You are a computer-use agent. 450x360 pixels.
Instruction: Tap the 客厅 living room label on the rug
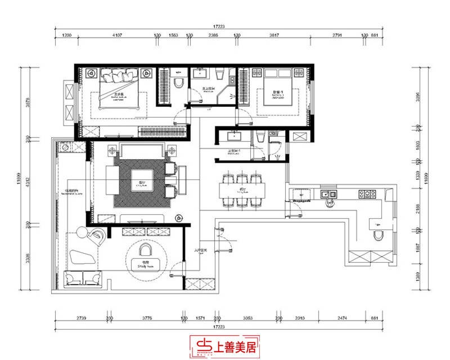pyautogui.click(x=140, y=183)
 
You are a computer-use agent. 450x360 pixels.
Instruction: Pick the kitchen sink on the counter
pyautogui.click(x=327, y=195)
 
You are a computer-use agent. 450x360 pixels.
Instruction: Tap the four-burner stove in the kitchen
pyautogui.click(x=368, y=195)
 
